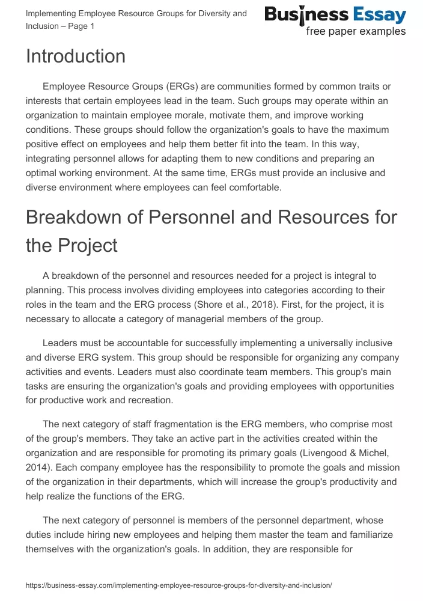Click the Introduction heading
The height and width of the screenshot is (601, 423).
click(x=76, y=56)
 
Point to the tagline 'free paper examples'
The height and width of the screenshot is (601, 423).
click(x=356, y=32)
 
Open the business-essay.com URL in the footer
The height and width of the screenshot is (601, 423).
click(x=179, y=585)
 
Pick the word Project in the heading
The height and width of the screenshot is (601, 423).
click(x=88, y=245)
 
